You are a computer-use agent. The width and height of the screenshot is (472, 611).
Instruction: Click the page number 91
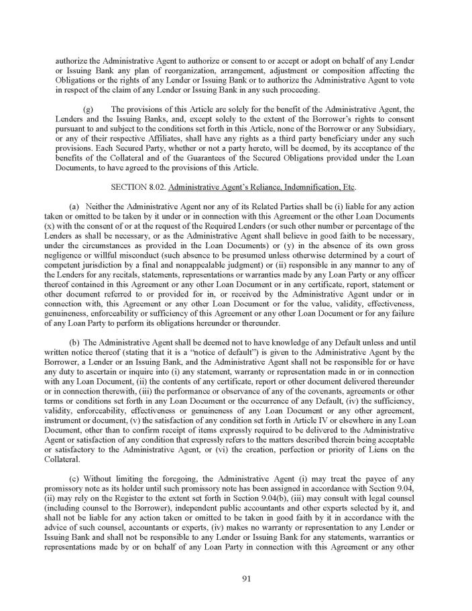tap(236, 580)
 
